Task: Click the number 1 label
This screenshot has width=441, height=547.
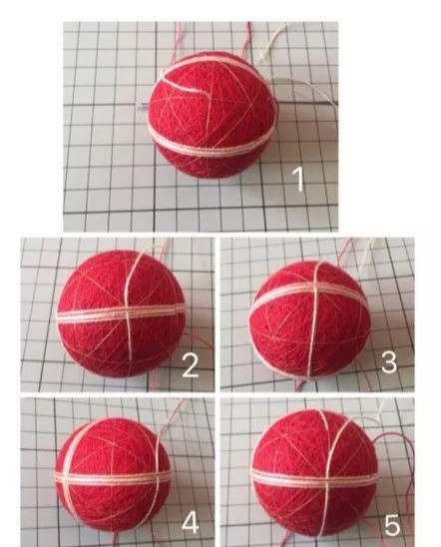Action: pyautogui.click(x=298, y=179)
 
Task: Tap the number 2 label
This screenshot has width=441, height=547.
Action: pyautogui.click(x=191, y=365)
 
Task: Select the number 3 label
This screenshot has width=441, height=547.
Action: pyautogui.click(x=389, y=362)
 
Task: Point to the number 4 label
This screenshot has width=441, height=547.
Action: pyautogui.click(x=191, y=523)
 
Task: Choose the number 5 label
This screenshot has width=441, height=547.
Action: pyautogui.click(x=392, y=525)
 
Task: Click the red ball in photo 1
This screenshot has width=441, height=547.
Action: pyautogui.click(x=213, y=115)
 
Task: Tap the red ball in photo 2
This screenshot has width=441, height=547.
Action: pyautogui.click(x=121, y=313)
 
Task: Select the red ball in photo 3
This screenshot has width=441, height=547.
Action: pyautogui.click(x=309, y=319)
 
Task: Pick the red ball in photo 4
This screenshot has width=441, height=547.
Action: pyautogui.click(x=113, y=475)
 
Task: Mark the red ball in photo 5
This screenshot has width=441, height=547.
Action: pyautogui.click(x=315, y=473)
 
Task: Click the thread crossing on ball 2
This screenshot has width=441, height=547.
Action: pyautogui.click(x=129, y=313)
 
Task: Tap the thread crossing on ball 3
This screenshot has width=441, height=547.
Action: pyautogui.click(x=315, y=289)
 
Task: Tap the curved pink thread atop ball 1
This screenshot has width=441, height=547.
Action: pyautogui.click(x=185, y=79)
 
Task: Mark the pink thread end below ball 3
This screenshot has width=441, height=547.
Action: pyautogui.click(x=299, y=384)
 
